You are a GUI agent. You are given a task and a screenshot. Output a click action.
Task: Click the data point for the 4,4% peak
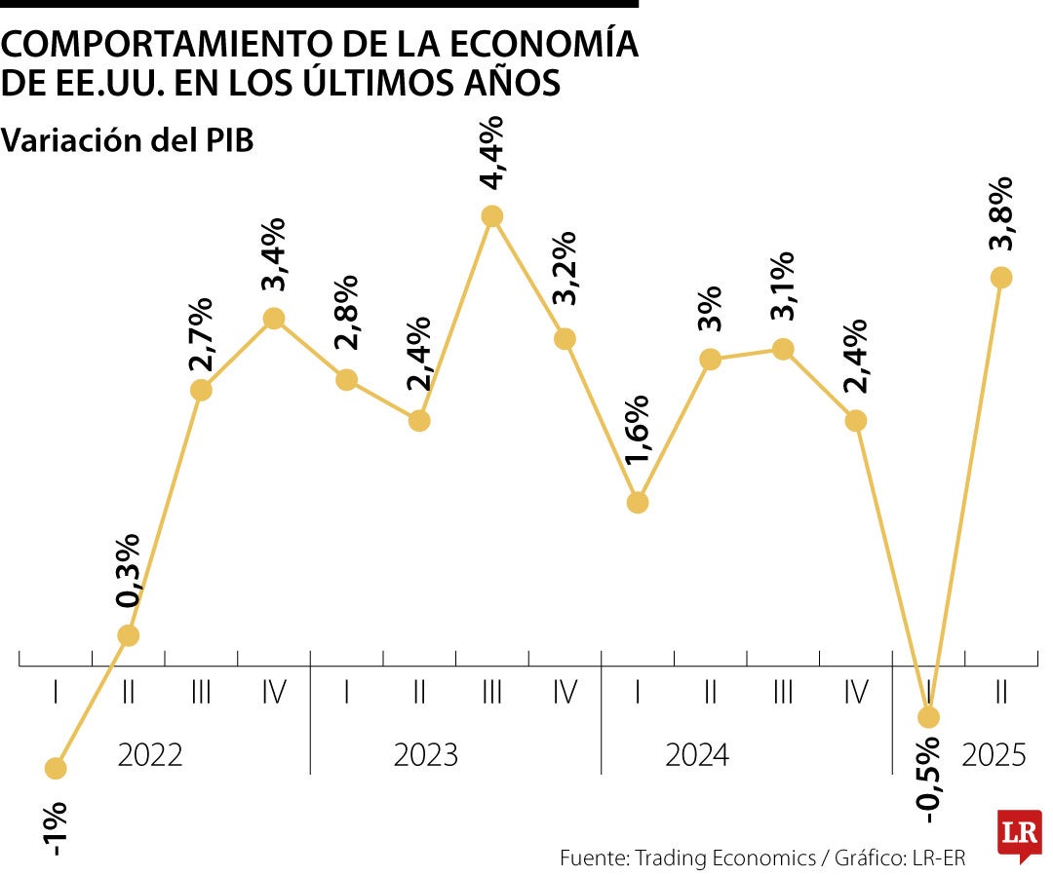point(492,216)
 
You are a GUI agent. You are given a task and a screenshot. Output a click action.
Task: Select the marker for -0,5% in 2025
point(928,717)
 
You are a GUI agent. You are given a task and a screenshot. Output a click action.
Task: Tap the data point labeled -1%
point(56,769)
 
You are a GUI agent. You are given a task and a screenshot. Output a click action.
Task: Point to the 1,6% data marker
point(638,503)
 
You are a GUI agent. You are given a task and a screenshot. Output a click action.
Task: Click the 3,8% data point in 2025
point(1001,278)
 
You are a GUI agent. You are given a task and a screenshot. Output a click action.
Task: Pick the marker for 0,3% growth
point(129,635)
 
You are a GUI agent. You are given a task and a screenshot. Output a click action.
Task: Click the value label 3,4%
point(274,255)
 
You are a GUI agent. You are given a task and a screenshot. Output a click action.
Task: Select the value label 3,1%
point(782,286)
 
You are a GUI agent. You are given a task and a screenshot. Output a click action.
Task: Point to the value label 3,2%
point(564,269)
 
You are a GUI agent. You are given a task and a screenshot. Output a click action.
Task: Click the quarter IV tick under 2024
point(855,693)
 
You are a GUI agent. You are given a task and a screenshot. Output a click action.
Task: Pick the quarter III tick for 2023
point(491,693)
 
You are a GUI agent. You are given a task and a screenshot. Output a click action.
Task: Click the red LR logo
point(1018,834)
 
